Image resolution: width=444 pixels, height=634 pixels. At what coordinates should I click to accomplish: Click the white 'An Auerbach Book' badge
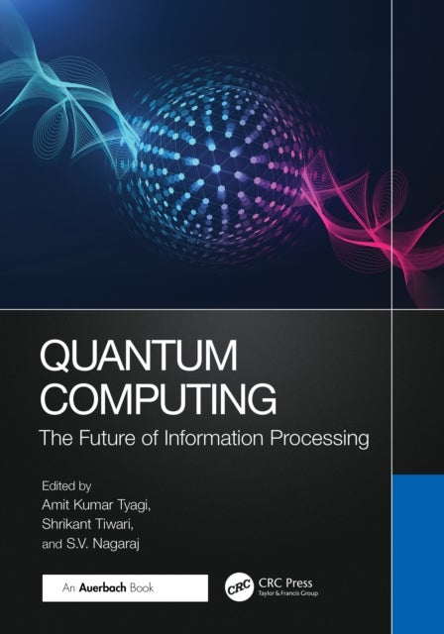click(123, 587)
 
